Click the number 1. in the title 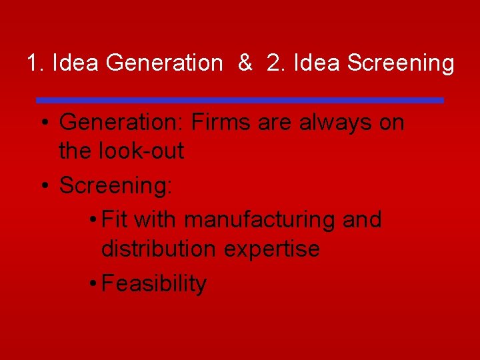coord(35,63)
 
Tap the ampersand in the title coord(245,63)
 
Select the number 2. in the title coord(274,63)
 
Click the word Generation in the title coord(163,63)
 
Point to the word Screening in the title coord(401,63)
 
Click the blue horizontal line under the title coord(240,100)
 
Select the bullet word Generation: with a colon coord(121,123)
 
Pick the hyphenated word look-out coord(141,151)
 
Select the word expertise coord(272,249)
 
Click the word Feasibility coord(154,283)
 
